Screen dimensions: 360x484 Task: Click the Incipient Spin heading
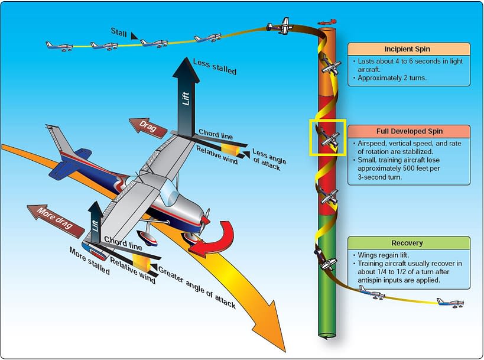pyautogui.click(x=408, y=48)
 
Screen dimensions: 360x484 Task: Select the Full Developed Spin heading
pyautogui.click(x=408, y=131)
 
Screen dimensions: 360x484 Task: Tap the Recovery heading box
pyautogui.click(x=408, y=243)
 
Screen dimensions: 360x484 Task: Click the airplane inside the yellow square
pyautogui.click(x=327, y=140)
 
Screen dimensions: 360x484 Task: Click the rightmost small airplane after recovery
pyautogui.click(x=450, y=302)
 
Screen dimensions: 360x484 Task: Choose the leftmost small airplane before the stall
pyautogui.click(x=59, y=45)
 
